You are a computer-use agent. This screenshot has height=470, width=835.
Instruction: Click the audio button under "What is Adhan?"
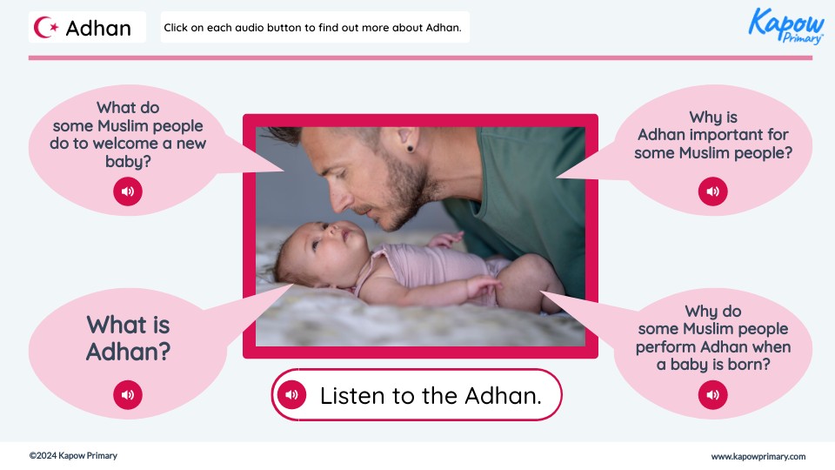tap(128, 395)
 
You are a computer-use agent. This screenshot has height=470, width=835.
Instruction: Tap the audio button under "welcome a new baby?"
tap(128, 191)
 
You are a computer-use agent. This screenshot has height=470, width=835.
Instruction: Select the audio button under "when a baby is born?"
tap(713, 395)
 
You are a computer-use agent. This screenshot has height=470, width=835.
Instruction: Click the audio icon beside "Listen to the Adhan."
tap(291, 395)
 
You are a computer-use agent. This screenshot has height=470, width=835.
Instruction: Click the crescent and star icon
tap(47, 28)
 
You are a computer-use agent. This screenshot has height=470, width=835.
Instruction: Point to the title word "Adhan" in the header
tap(98, 28)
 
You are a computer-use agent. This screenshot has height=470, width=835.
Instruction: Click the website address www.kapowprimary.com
tap(758, 456)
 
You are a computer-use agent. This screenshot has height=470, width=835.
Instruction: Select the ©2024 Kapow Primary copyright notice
tap(73, 456)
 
